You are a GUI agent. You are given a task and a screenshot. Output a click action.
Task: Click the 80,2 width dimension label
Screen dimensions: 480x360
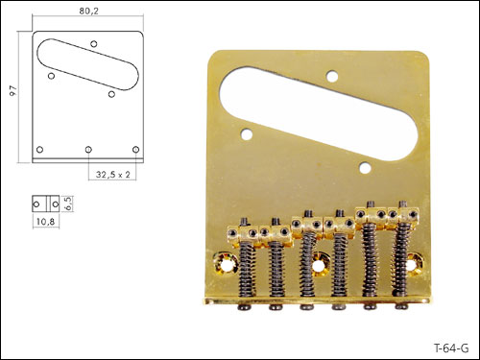pyautogui.click(x=89, y=11)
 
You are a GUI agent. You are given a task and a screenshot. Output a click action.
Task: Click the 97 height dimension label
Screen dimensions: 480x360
pyautogui.click(x=13, y=91)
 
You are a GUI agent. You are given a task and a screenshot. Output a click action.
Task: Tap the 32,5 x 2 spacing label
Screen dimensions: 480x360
pyautogui.click(x=113, y=175)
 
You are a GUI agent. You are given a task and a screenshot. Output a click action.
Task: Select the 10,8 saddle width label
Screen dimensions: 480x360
pyautogui.click(x=45, y=221)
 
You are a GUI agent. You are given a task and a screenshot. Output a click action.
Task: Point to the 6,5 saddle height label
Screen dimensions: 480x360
pyautogui.click(x=68, y=204)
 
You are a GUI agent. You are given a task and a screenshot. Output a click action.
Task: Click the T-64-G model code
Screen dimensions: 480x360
pyautogui.click(x=451, y=348)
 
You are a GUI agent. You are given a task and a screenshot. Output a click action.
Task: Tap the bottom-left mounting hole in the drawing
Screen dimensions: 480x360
pyautogui.click(x=39, y=150)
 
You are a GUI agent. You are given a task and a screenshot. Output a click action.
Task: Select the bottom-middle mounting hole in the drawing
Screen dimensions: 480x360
pyautogui.click(x=88, y=150)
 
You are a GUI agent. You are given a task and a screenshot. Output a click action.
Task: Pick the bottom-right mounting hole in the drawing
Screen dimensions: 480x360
pyautogui.click(x=135, y=150)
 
